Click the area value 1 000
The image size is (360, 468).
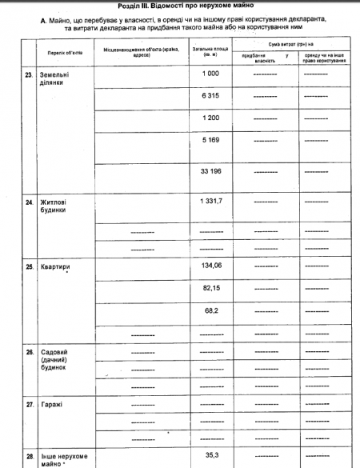211,74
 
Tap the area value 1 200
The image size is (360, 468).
211,118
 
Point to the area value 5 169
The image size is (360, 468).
211,140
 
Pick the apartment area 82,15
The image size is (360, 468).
211,286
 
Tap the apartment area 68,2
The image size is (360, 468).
211,308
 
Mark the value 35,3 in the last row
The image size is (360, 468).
211,454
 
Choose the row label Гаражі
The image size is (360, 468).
51,405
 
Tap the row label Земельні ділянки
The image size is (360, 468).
54,79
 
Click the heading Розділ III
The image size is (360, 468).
179,6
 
